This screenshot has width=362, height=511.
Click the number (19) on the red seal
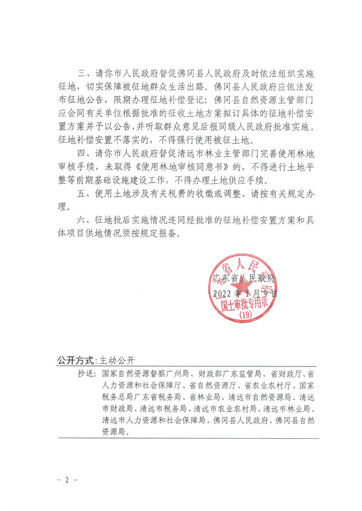244,315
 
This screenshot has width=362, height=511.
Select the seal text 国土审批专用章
244,305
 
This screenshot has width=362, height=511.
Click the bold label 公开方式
75,360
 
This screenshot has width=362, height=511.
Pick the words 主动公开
116,360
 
